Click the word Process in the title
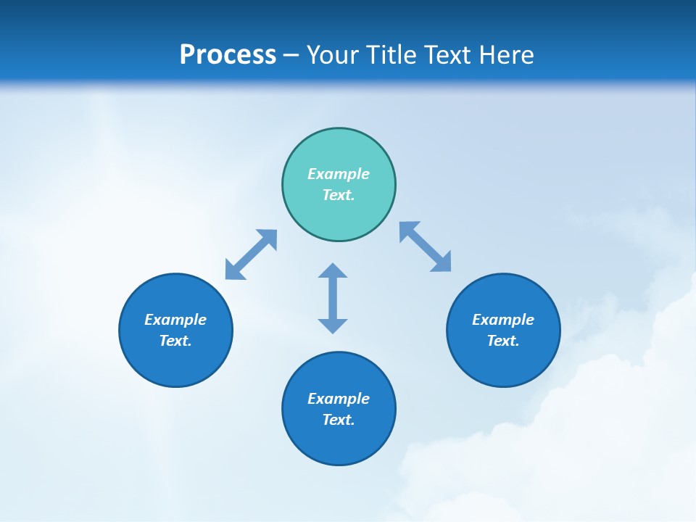(228, 55)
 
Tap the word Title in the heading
(389, 55)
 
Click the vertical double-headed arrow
(333, 298)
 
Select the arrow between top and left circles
(251, 254)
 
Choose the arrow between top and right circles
(426, 247)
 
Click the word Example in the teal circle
(339, 174)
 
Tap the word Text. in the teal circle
(339, 195)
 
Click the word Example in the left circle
(175, 320)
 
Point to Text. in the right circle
(503, 341)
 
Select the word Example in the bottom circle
(339, 399)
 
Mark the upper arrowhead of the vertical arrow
(333, 272)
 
